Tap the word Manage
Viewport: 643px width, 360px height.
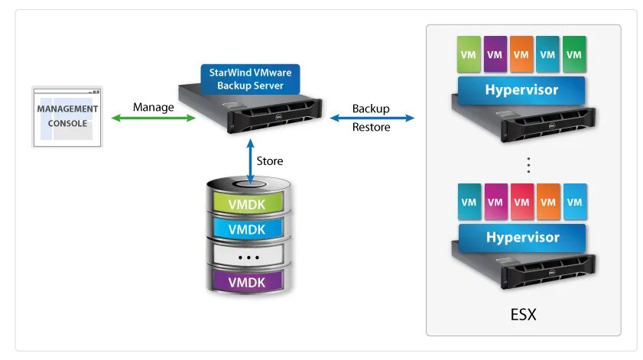(x=153, y=107)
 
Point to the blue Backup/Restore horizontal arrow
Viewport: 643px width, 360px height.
(x=372, y=118)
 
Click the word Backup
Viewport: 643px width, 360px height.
(x=371, y=109)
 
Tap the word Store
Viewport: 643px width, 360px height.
(x=269, y=161)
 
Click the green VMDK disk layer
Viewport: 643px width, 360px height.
(x=249, y=204)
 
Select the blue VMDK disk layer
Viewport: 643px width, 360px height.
(x=249, y=229)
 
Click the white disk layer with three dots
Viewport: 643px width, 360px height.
(x=249, y=256)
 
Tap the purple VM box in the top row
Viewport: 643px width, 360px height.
(x=495, y=55)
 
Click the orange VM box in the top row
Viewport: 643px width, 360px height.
(x=521, y=55)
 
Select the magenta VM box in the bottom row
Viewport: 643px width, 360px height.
(x=495, y=203)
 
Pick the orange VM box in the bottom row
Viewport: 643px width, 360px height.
(x=547, y=203)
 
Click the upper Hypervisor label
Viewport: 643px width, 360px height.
(x=521, y=90)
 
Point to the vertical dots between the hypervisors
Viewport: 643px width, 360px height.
(x=528, y=164)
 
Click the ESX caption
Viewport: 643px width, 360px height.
(x=522, y=313)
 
